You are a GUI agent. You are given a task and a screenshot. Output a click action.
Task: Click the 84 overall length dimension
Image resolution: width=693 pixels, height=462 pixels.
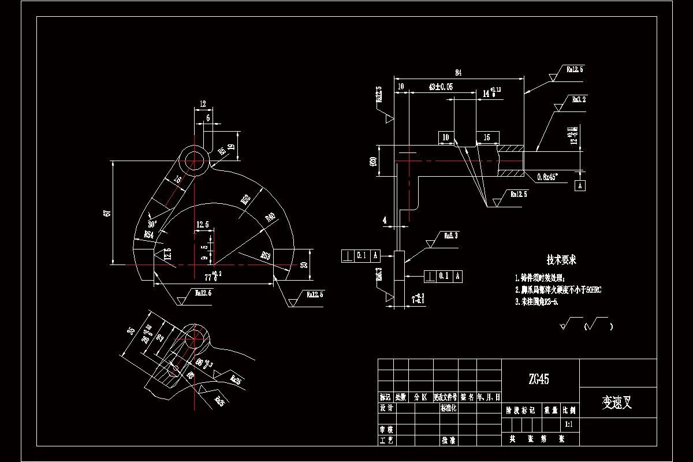pos(459,73)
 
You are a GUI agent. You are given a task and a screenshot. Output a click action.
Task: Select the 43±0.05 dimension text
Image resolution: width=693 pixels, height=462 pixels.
pos(441,87)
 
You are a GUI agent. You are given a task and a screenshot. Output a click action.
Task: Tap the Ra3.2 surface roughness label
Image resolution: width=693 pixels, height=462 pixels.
pos(579,99)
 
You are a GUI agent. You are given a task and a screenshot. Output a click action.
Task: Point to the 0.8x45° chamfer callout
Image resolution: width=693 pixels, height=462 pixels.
pos(550,176)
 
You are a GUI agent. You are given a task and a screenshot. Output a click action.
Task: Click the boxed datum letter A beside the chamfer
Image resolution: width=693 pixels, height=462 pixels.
pos(580,185)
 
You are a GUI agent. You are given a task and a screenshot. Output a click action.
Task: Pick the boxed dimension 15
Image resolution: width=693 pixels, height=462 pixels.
pos(487,137)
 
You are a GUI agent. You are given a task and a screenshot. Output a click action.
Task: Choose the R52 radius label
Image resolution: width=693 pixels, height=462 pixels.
pos(246,199)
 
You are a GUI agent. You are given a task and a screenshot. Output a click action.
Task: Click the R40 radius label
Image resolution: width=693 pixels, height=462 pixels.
pos(270,218)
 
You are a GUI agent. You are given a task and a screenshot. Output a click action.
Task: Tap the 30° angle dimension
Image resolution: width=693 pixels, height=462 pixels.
pos(152,223)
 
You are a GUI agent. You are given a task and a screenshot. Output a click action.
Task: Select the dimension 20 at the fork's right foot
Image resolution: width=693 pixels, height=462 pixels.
pos(304,264)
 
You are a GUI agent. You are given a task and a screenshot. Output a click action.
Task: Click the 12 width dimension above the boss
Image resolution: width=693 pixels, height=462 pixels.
pos(203,104)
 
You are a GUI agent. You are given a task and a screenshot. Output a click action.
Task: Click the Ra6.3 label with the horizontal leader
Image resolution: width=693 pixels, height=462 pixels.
pos(450,236)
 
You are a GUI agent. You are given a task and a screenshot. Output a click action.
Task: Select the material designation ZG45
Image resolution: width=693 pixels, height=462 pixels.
pos(539,379)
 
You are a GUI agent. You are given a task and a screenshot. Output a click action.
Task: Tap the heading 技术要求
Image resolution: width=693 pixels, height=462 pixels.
pos(561,260)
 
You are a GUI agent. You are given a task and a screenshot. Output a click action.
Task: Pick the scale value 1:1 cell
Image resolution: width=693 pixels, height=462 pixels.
pos(569,424)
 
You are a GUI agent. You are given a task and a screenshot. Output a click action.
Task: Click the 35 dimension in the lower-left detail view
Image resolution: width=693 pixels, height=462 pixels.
pos(131,331)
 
